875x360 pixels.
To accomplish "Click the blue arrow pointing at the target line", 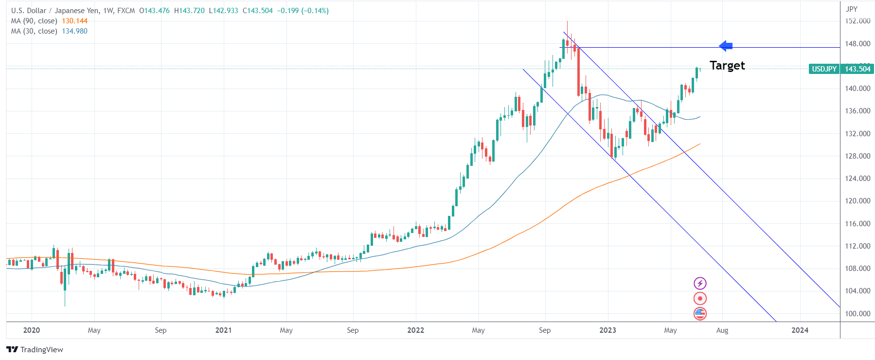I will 726,46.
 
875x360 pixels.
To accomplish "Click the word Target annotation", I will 727,66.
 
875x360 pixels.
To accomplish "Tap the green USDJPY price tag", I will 824,69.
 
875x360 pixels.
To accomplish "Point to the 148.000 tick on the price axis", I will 857,44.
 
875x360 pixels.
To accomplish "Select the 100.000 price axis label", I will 857,314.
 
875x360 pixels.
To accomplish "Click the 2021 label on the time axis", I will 224,330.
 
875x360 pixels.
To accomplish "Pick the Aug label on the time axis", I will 722,330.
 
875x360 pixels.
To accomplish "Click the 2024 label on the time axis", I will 800,330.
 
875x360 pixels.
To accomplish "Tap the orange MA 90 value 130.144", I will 74,21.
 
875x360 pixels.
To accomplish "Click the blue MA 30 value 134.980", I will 74,31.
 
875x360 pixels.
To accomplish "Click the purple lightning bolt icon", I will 700,283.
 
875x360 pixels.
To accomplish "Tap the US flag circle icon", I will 700,314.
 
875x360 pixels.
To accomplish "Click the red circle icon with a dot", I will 700,298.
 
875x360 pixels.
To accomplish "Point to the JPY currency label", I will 852,9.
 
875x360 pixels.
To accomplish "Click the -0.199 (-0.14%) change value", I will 303,11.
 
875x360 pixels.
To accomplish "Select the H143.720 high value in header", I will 189,11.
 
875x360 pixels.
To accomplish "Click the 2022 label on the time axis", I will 415,330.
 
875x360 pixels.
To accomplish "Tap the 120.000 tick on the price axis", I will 857,201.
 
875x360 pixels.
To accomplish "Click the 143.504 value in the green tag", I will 857,69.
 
